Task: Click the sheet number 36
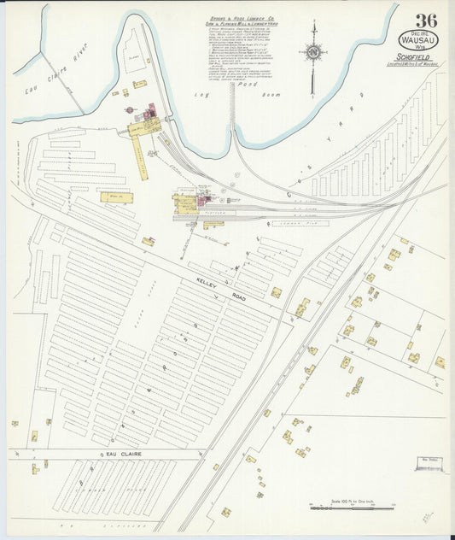427,21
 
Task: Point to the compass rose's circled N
313,53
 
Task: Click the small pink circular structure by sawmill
130,109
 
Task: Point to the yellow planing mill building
184,205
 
